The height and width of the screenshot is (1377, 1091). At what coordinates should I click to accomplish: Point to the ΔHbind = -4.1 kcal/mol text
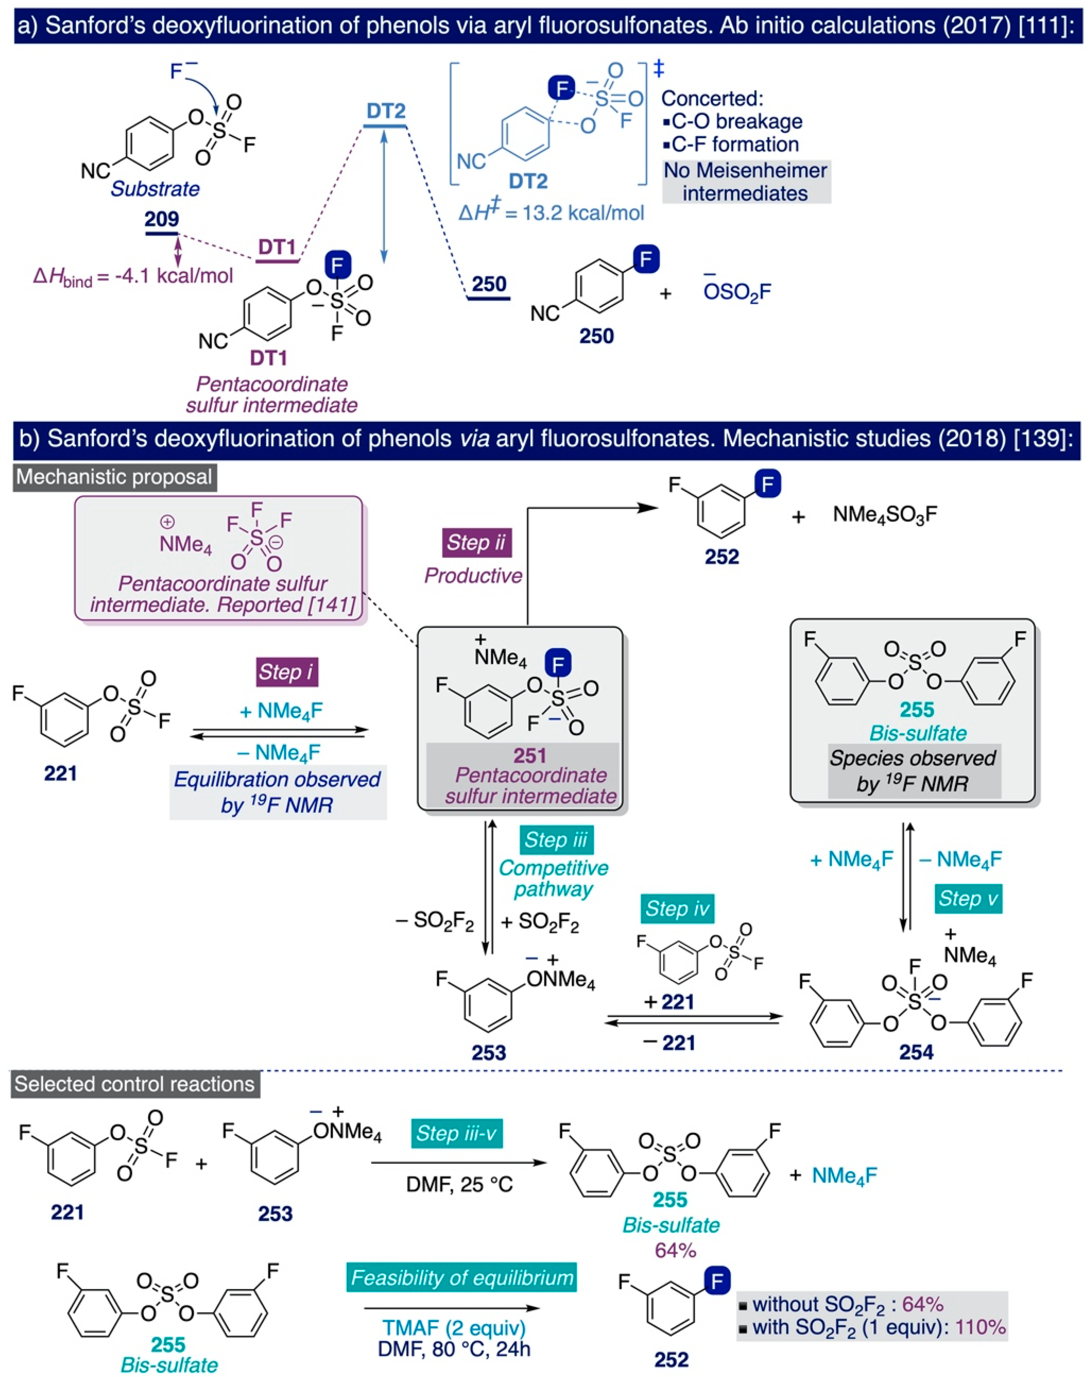pos(133,276)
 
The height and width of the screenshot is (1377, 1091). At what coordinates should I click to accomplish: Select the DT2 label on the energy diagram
pos(386,111)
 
